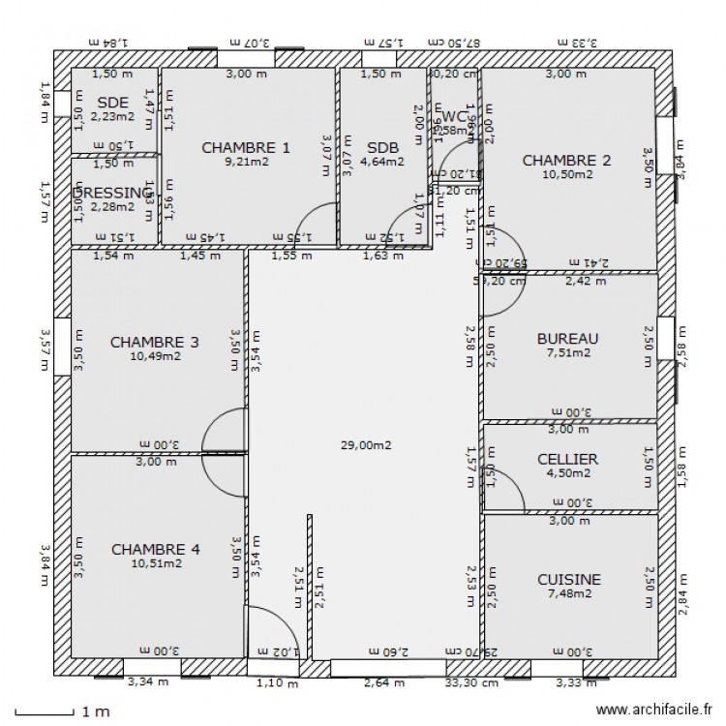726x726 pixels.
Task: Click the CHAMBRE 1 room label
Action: [x=245, y=147]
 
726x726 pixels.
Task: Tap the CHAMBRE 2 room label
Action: [x=566, y=160]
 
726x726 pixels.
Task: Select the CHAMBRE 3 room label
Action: [x=155, y=342]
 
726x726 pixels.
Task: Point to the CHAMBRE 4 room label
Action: [x=156, y=549]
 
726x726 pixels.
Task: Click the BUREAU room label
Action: [x=567, y=338]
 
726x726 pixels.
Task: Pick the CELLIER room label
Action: [x=567, y=458]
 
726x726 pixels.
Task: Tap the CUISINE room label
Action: [x=569, y=579]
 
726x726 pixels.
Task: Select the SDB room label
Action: [x=382, y=147]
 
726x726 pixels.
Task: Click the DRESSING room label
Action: [x=111, y=193]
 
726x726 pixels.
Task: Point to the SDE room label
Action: [x=113, y=102]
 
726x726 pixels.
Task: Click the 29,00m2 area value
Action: [x=365, y=445]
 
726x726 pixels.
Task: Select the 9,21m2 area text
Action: [x=245, y=162]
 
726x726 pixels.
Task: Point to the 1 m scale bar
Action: [x=46, y=712]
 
